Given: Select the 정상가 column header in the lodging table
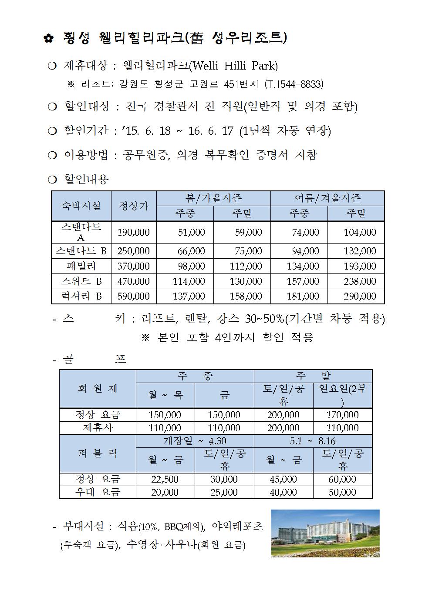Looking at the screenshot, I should [x=134, y=206].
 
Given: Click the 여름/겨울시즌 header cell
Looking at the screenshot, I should [x=327, y=198].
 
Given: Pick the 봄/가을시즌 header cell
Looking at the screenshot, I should [x=213, y=198].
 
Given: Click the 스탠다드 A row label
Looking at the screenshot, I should [x=81, y=232].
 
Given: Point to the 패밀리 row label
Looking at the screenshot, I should [x=81, y=266].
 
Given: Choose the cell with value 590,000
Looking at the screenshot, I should [x=134, y=297].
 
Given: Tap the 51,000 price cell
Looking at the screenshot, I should [x=191, y=233].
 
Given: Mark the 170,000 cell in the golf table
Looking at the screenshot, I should [x=342, y=415].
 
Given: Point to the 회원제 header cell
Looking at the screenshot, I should [x=98, y=388].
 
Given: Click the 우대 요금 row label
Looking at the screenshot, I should [x=98, y=492].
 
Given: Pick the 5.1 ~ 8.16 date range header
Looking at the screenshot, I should [x=313, y=441].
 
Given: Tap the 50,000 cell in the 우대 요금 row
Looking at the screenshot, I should [x=342, y=492].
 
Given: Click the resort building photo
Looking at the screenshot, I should [x=325, y=533].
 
